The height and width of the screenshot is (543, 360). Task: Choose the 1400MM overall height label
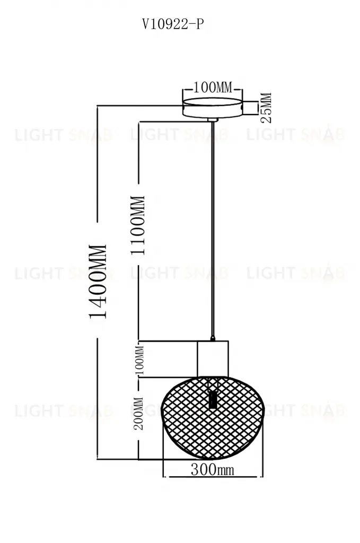point(99,281)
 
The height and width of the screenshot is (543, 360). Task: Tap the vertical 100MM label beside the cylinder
point(139,359)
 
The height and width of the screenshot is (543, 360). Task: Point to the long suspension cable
point(213,228)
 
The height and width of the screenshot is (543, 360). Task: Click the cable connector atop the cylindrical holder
point(213,338)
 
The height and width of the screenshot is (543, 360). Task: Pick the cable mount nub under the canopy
point(213,120)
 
